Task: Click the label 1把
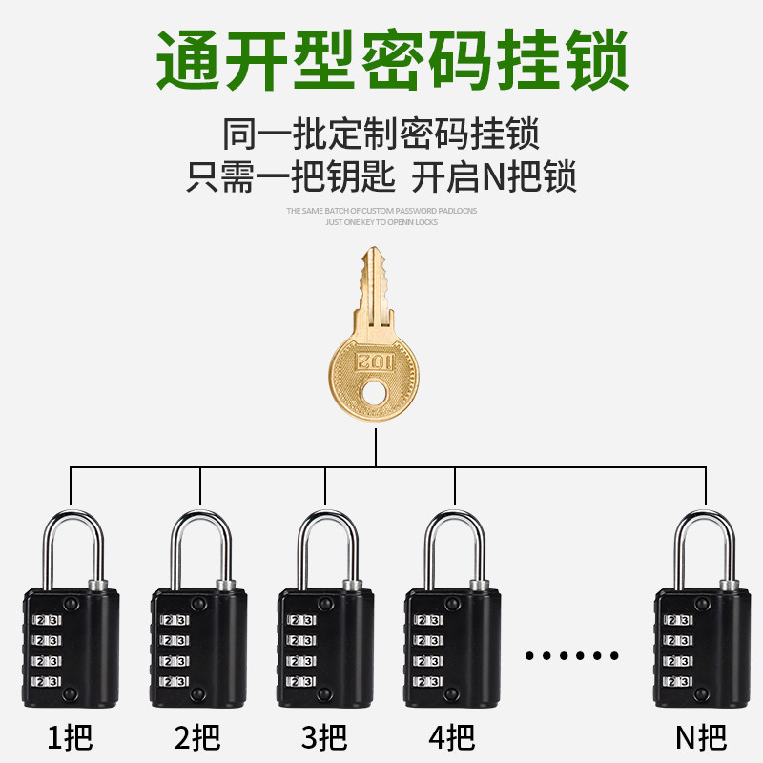[x=72, y=736]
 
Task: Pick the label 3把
[x=326, y=736]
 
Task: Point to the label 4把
[x=453, y=736]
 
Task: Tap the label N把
[x=701, y=736]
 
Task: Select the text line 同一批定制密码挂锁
[x=381, y=134]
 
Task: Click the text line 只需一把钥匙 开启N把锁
[x=381, y=177]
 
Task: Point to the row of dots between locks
[x=572, y=656]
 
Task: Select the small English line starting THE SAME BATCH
[x=381, y=210]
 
